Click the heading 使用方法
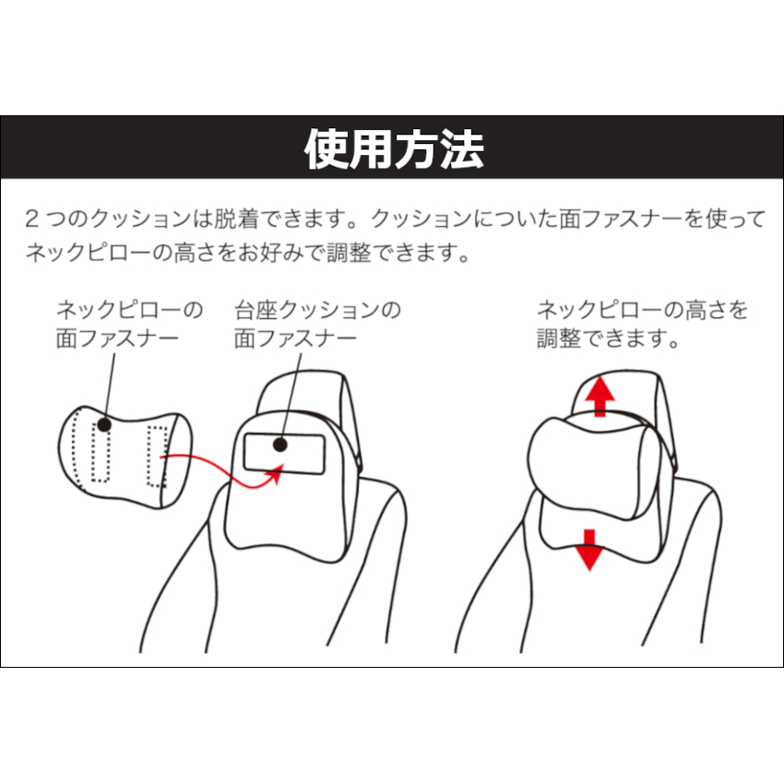(x=394, y=149)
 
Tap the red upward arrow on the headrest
(x=600, y=396)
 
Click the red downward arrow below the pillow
(x=590, y=550)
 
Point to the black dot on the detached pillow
(x=104, y=425)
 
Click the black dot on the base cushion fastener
(x=280, y=445)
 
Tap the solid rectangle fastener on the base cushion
(x=284, y=454)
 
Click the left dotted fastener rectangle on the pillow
(x=101, y=453)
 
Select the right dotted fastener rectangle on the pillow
(x=157, y=456)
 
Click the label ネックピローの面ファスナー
(x=129, y=324)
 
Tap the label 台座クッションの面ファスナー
(x=318, y=324)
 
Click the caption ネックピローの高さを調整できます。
(x=643, y=324)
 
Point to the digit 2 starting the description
(x=31, y=219)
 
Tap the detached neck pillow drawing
(x=125, y=458)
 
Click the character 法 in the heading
(x=462, y=149)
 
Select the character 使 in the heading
(x=326, y=149)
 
